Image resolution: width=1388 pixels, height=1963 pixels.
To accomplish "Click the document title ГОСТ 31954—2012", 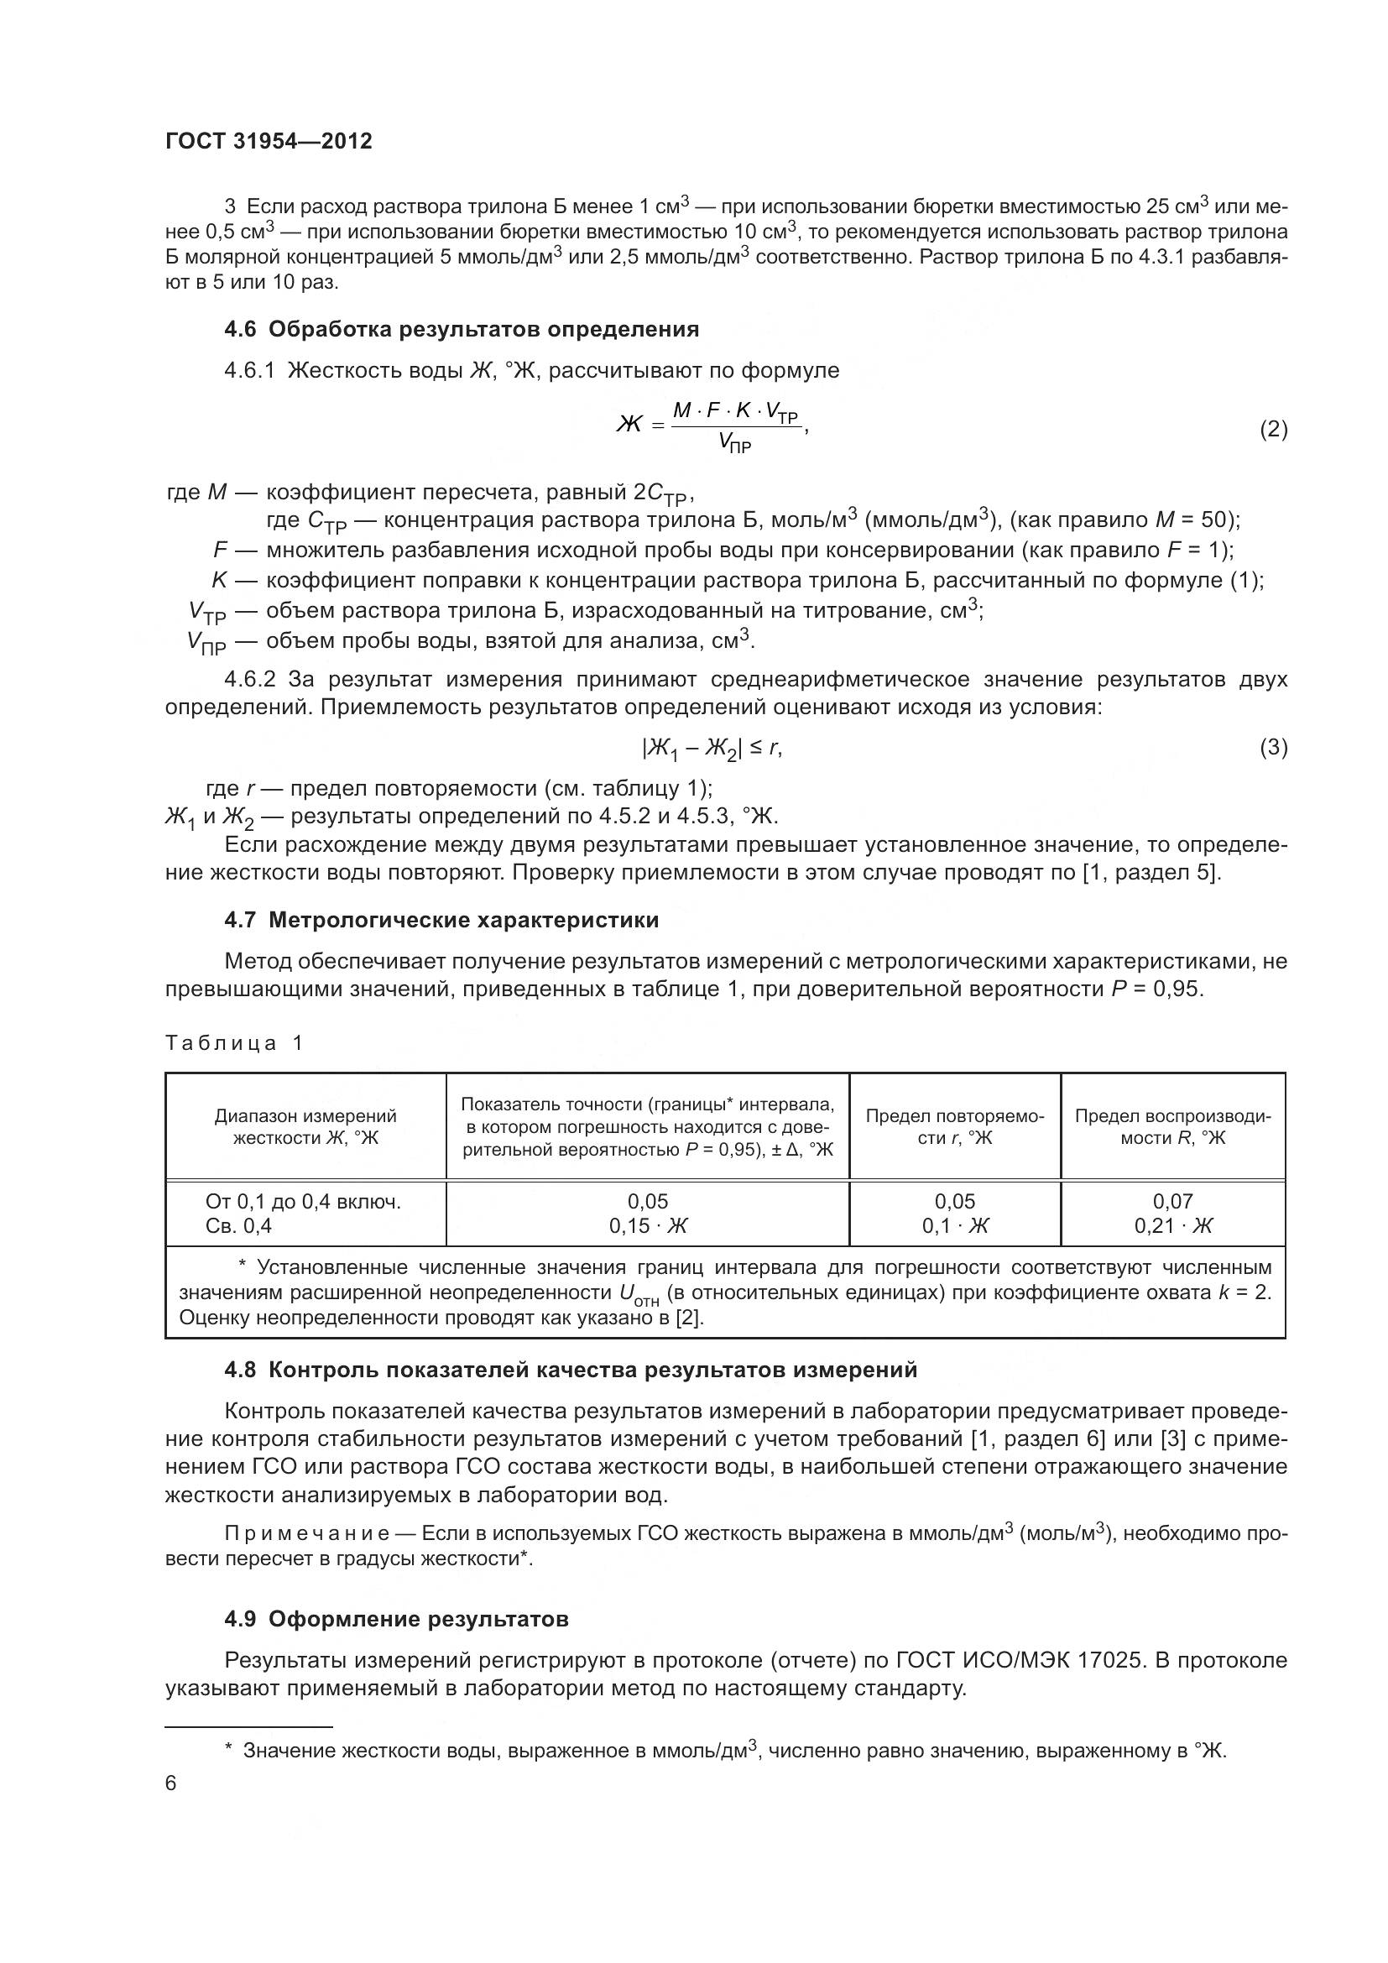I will click(269, 142).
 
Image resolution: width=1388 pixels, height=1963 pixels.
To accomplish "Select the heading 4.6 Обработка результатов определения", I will click(462, 329).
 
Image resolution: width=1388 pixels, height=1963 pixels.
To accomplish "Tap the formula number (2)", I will click(1273, 429).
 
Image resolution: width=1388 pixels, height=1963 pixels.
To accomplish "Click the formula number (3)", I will click(1273, 748).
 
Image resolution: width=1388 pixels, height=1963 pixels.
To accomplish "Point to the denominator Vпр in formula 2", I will click(734, 443).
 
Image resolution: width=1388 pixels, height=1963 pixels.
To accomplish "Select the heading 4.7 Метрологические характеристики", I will click(441, 920).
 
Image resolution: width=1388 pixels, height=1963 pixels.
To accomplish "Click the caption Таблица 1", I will click(234, 1043).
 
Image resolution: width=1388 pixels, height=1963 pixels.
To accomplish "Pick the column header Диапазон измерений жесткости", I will click(305, 1126).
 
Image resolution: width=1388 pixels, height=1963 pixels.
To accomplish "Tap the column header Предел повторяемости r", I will click(955, 1126).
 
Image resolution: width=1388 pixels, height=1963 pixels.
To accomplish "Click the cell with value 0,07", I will click(1171, 1201).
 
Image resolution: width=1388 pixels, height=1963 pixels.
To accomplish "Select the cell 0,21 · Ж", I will click(1171, 1226).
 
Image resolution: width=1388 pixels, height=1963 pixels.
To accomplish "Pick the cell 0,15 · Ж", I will click(647, 1226).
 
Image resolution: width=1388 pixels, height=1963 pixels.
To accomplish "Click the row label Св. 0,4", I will click(238, 1226).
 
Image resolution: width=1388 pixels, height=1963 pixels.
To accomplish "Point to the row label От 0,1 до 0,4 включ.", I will click(303, 1201).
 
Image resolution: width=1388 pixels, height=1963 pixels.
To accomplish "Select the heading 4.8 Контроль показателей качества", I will click(570, 1370).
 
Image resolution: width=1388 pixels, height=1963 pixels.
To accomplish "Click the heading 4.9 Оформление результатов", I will click(397, 1619).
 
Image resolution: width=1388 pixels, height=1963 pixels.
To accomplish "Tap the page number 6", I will click(171, 1783).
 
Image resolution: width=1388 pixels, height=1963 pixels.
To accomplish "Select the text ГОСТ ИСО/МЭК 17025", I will click(1018, 1660).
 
